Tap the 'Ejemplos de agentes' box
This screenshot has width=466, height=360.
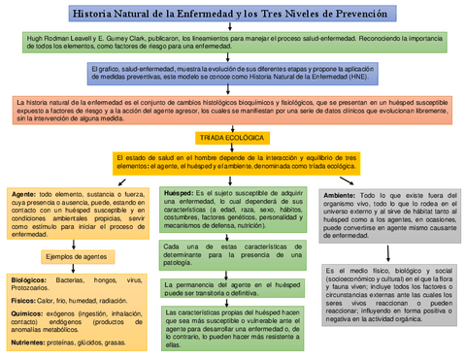(76, 256)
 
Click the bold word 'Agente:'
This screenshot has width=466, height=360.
(23, 195)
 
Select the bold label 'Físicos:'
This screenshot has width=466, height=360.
(24, 301)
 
